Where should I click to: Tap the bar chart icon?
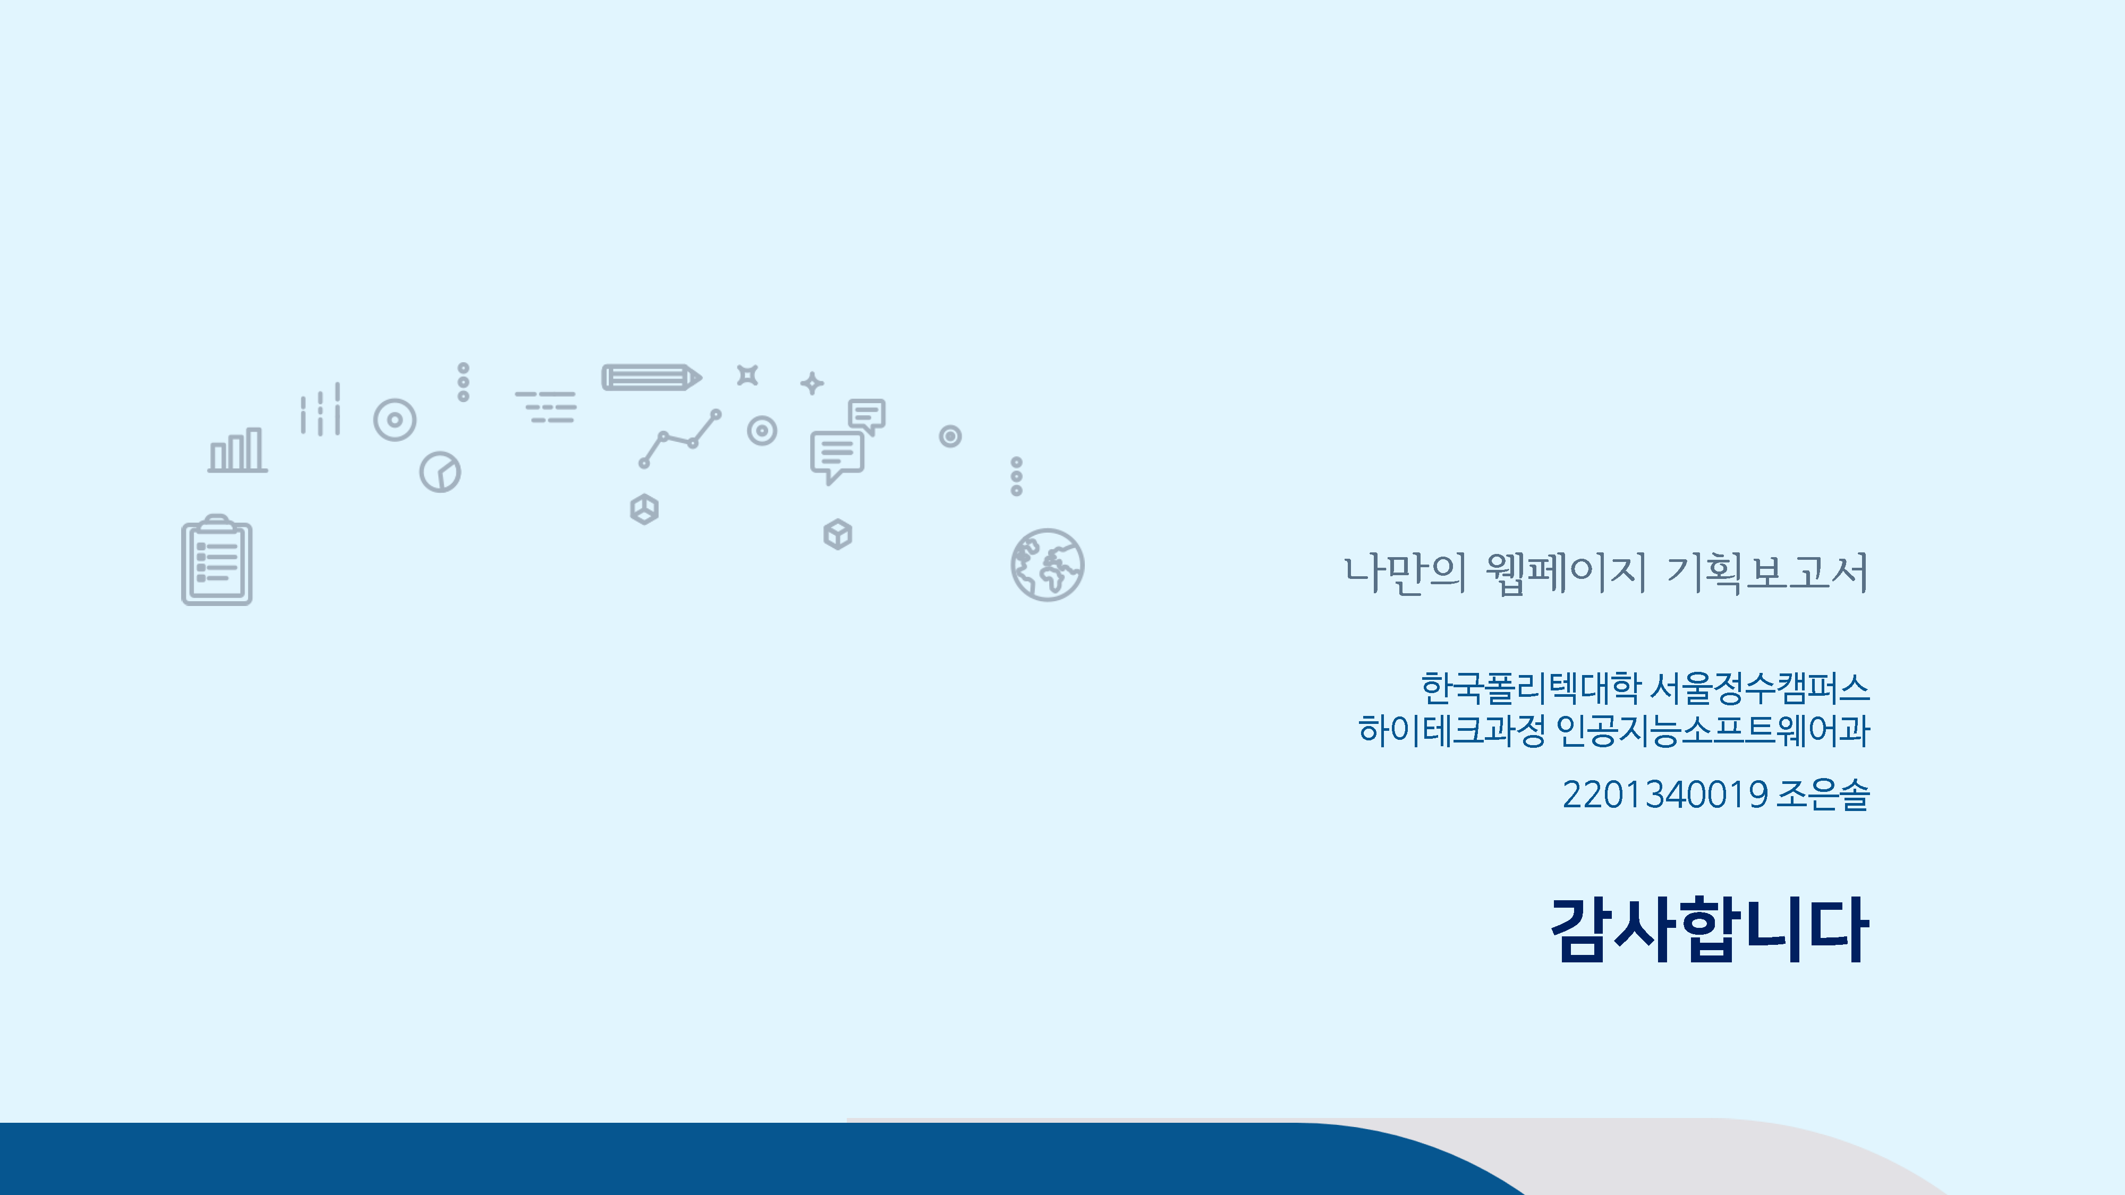(237, 450)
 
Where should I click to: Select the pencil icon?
(652, 377)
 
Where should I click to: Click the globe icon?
(1047, 565)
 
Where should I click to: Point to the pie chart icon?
(440, 472)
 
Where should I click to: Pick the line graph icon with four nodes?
(680, 439)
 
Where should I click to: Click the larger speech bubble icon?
(837, 457)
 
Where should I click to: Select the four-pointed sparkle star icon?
(812, 382)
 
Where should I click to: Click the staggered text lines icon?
(546, 407)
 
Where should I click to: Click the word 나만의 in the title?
(1406, 573)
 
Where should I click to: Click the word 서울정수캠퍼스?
(1759, 688)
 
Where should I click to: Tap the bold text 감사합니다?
(1709, 929)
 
